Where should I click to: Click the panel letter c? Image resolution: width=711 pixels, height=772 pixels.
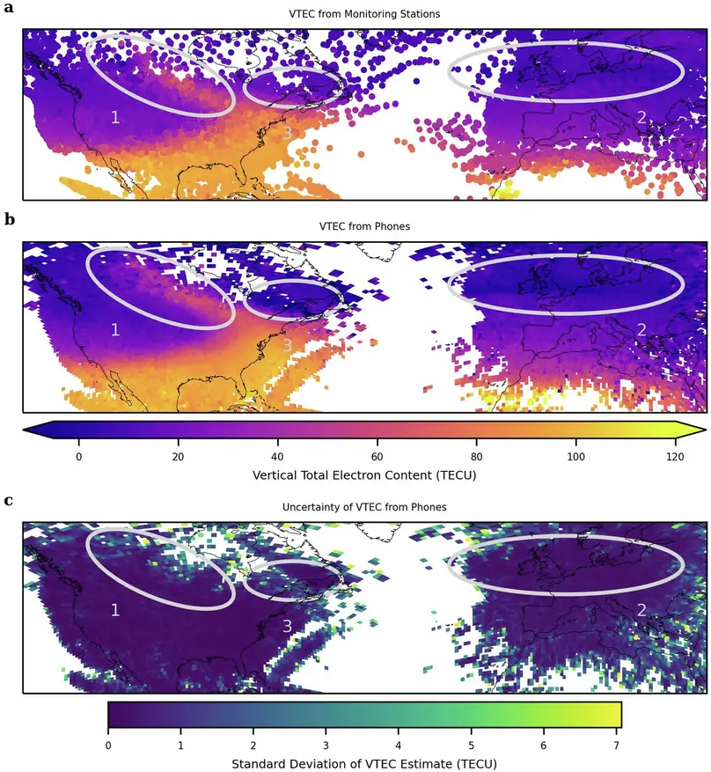[9, 500]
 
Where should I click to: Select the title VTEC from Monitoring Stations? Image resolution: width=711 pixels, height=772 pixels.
[364, 14]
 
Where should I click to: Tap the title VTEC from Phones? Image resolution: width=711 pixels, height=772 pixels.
[364, 226]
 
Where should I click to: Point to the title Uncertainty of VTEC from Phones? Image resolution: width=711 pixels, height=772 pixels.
[364, 507]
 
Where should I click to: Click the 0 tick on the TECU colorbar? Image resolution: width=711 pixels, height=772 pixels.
[79, 456]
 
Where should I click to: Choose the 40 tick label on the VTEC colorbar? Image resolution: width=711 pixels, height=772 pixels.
[278, 456]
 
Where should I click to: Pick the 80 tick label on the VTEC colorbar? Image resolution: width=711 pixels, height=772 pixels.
[477, 456]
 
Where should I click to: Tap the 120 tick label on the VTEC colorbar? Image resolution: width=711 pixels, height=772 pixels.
[675, 456]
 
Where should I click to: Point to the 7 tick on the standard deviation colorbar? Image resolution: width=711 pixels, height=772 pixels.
[616, 745]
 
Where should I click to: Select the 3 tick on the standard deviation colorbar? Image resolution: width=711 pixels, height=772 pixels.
[326, 745]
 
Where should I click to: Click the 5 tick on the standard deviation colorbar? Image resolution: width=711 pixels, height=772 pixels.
[471, 745]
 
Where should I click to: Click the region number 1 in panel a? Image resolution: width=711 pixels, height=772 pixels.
[114, 117]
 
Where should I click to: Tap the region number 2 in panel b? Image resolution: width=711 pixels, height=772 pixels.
[641, 329]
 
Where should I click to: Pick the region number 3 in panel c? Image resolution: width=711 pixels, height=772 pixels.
[287, 626]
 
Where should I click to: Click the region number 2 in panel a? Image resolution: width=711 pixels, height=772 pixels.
[641, 117]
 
